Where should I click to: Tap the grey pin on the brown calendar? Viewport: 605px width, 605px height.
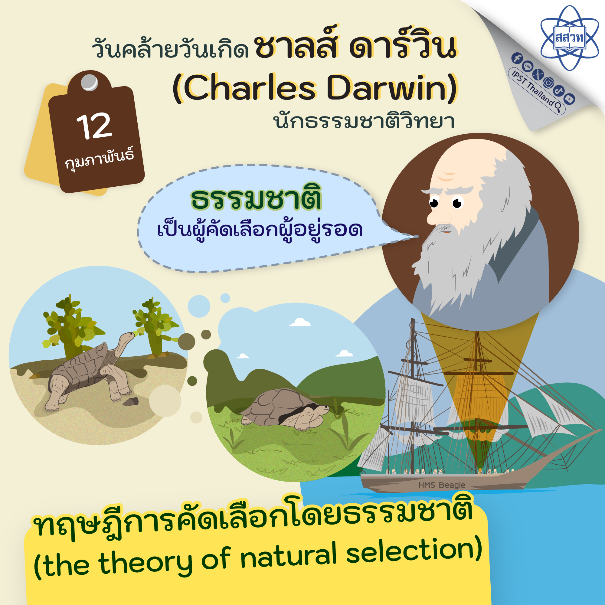tap(90, 82)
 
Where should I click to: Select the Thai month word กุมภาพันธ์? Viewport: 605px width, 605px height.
tap(100, 160)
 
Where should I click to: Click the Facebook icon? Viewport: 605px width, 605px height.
tap(517, 58)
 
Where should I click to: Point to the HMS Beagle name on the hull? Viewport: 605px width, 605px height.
tap(442, 485)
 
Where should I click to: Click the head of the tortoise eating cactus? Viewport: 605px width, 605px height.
tap(128, 337)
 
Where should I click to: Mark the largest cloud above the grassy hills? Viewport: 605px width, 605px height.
tap(300, 322)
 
